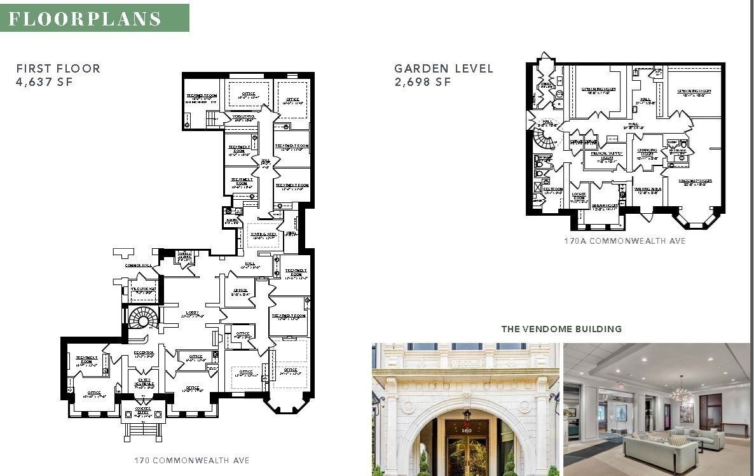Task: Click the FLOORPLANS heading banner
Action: (x=95, y=18)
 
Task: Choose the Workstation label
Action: (x=243, y=118)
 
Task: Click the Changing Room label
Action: (x=647, y=153)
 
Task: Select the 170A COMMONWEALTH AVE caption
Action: (x=625, y=241)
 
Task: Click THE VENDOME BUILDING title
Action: (x=561, y=329)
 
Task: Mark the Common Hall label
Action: (x=137, y=265)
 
